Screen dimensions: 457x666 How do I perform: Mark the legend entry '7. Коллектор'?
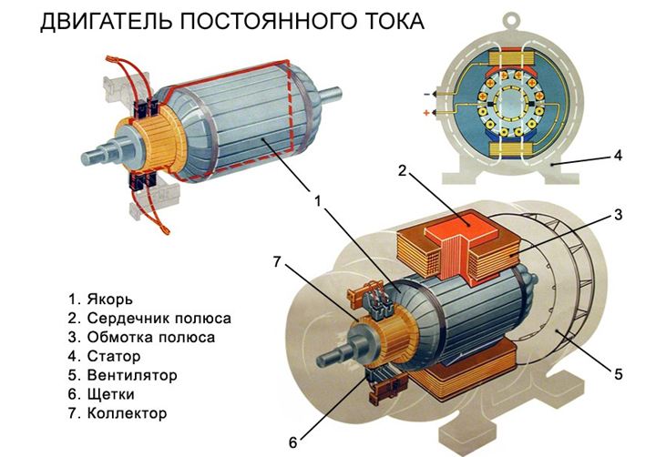point(118,413)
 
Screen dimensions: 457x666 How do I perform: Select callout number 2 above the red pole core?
point(400,170)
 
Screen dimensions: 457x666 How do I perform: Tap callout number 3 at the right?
point(617,216)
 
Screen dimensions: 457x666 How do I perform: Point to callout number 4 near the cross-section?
point(617,156)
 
